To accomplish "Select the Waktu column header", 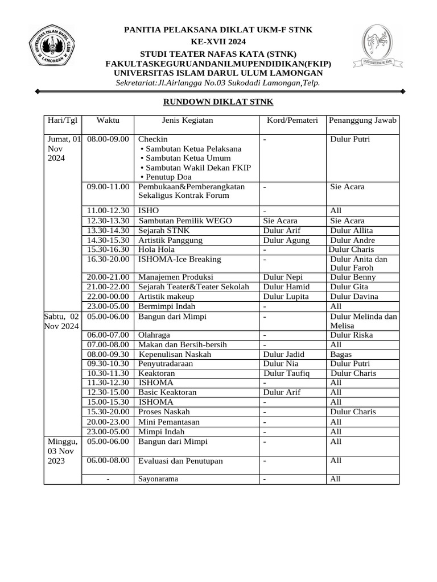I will pos(108,120).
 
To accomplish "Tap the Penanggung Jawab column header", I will pos(362,120).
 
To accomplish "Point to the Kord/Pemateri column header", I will pos(292,120).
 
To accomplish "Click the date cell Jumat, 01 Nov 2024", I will pos(63,148).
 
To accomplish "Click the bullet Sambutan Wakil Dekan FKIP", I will pos(195,168).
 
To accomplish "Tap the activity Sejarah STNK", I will pos(164,230).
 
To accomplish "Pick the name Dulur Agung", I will pos(286,240).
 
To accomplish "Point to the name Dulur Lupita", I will pos(286,297).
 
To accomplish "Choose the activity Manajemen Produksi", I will pos(176,277).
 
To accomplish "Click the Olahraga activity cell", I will pos(154,335).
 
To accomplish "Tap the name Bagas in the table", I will pos(340,354).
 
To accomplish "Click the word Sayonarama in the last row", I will pos(158,479).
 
